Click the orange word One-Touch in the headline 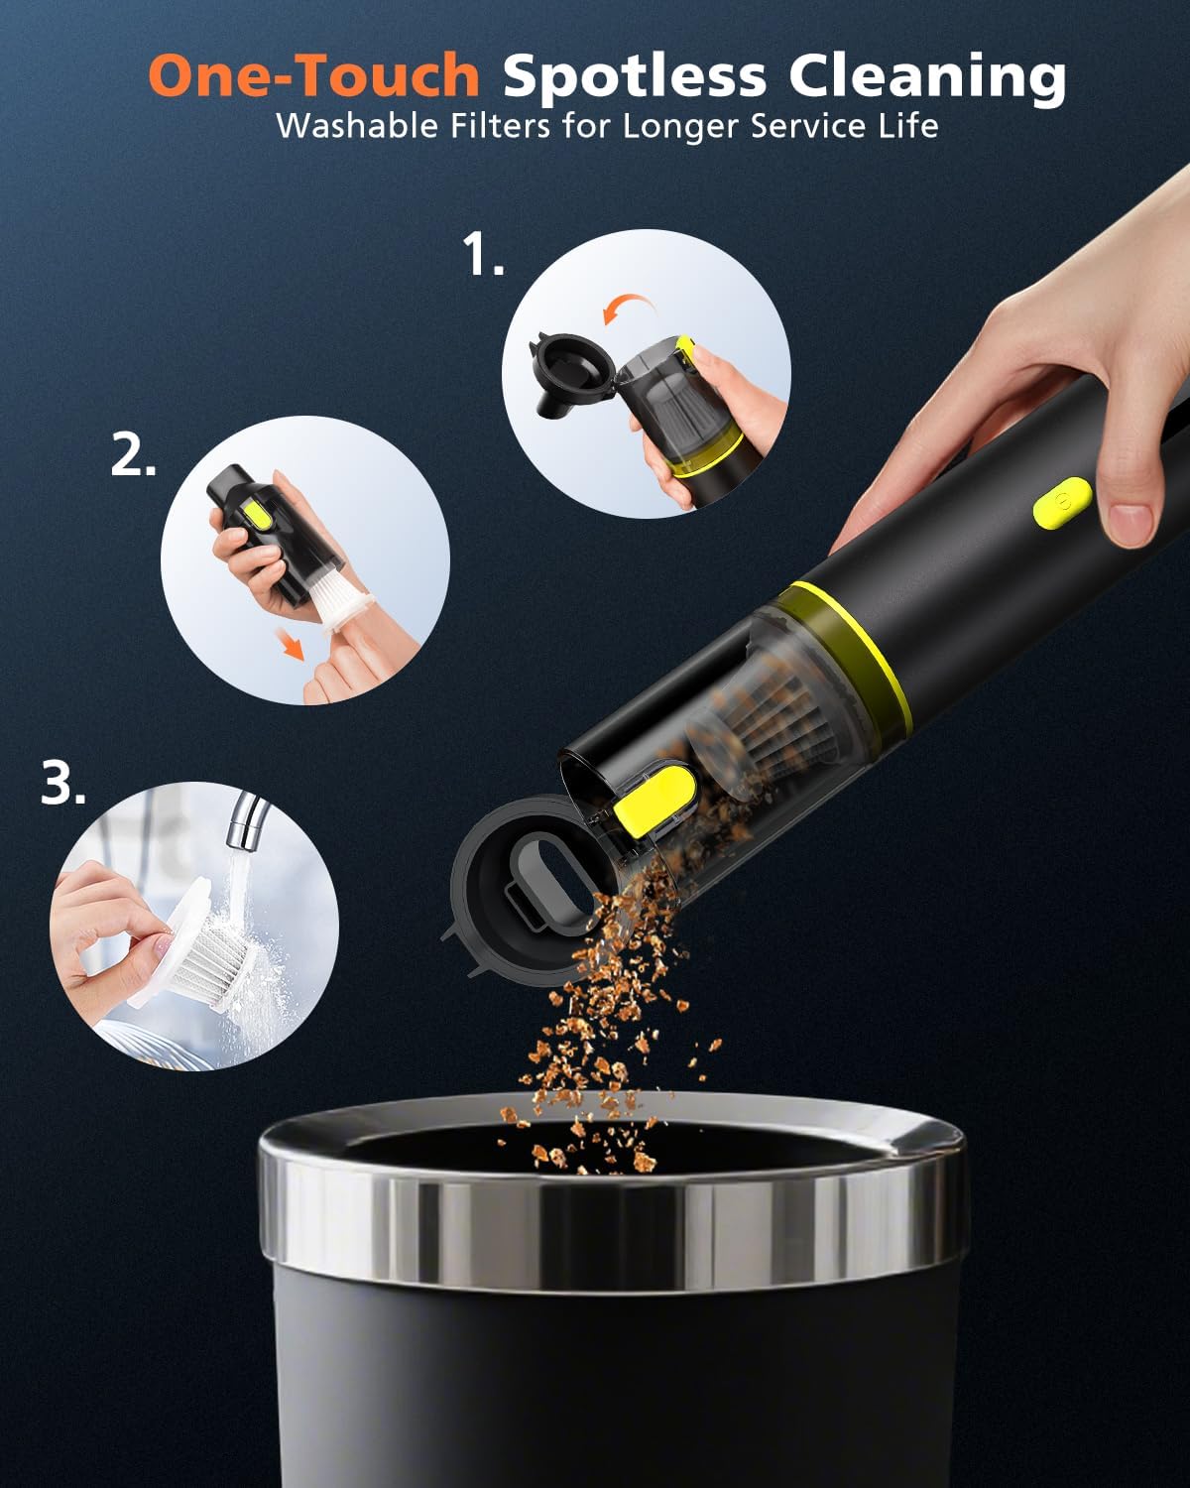[x=313, y=76]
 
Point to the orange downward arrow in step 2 [x=292, y=647]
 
